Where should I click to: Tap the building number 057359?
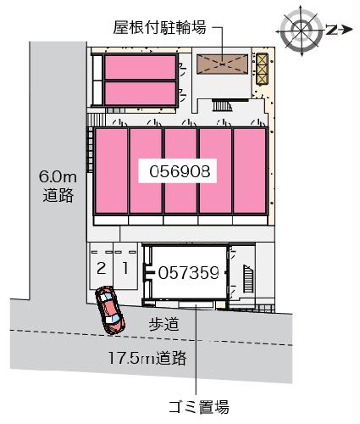[x=189, y=272]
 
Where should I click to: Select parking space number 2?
[x=101, y=269]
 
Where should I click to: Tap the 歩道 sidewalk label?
[x=163, y=323]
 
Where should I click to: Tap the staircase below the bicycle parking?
[x=222, y=106]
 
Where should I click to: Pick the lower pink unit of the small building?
[x=139, y=92]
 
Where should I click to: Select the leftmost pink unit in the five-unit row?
[x=111, y=171]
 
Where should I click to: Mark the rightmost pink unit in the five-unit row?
[x=250, y=171]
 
